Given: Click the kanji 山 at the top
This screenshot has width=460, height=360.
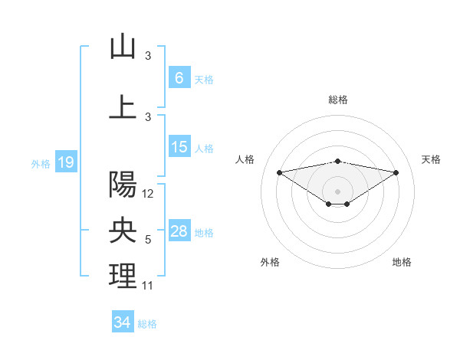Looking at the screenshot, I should pyautogui.click(x=123, y=47).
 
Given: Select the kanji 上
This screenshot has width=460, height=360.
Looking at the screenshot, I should pyautogui.click(x=123, y=107).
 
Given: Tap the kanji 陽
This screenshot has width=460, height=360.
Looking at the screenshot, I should pyautogui.click(x=123, y=185).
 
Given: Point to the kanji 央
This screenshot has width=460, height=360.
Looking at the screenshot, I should pyautogui.click(x=123, y=231).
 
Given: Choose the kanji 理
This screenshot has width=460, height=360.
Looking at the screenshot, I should pyautogui.click(x=123, y=277).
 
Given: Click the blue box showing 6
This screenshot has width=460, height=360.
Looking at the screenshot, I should pyautogui.click(x=179, y=78).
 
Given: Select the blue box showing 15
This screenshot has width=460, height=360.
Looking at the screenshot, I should pyautogui.click(x=179, y=148).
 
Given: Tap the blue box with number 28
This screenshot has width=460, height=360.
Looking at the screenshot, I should pyautogui.click(x=179, y=232).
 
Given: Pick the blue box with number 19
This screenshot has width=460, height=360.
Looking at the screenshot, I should pyautogui.click(x=65, y=162).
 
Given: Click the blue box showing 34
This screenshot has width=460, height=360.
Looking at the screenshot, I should pyautogui.click(x=122, y=322).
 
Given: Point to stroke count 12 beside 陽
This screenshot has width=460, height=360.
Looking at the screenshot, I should pyautogui.click(x=148, y=194).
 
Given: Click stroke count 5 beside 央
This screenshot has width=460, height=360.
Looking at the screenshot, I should pyautogui.click(x=148, y=240).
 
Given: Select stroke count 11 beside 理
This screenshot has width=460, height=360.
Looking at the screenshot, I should pyautogui.click(x=148, y=286).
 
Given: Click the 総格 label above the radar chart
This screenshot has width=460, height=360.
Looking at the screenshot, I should pyautogui.click(x=337, y=100).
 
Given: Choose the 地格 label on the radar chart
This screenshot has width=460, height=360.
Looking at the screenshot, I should pyautogui.click(x=402, y=262).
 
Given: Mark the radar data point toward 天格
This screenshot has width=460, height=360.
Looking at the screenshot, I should pyautogui.click(x=396, y=172).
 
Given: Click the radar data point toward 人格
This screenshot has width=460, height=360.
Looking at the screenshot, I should pyautogui.click(x=279, y=172).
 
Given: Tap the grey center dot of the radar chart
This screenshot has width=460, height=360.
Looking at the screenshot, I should pyautogui.click(x=337, y=191).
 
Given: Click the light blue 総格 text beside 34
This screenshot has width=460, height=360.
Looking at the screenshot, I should pyautogui.click(x=147, y=324).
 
